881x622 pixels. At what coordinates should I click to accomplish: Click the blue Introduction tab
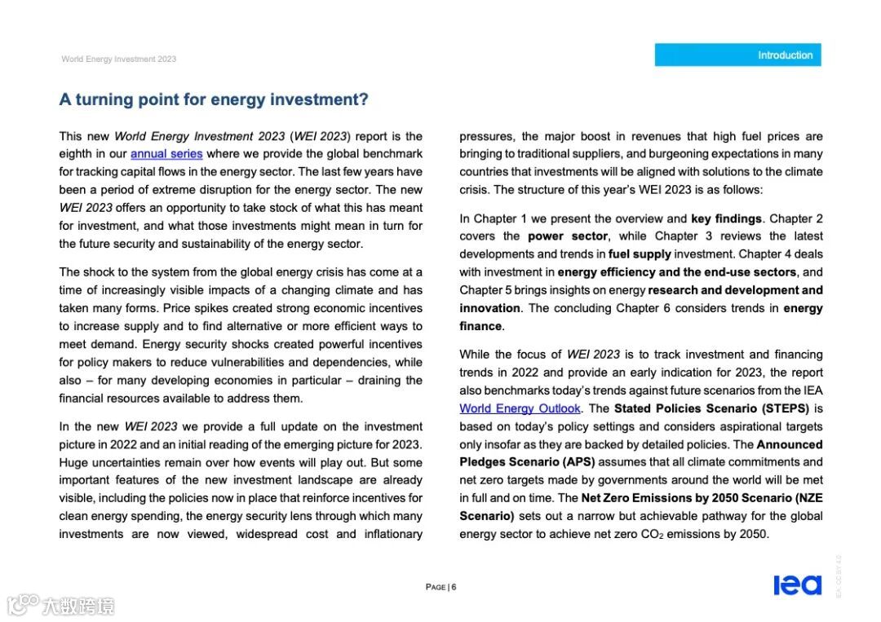pos(737,55)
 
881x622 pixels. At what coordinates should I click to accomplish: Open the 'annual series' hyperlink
pos(166,154)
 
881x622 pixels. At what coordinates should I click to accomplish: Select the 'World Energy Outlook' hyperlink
pos(520,408)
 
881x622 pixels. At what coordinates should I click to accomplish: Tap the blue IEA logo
pos(797,585)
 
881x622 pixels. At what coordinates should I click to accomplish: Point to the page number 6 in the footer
pos(454,587)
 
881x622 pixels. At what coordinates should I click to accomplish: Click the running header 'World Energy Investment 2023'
pos(118,59)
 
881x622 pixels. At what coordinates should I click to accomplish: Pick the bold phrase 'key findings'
pos(726,218)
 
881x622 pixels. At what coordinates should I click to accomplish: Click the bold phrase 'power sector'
pos(568,236)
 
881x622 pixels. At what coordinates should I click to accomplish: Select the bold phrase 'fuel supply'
pos(640,254)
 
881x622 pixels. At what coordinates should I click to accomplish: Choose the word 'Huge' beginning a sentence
pos(73,462)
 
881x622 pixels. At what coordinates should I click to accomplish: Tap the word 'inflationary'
pos(391,534)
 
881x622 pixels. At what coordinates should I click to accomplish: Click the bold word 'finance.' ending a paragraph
pos(481,326)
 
